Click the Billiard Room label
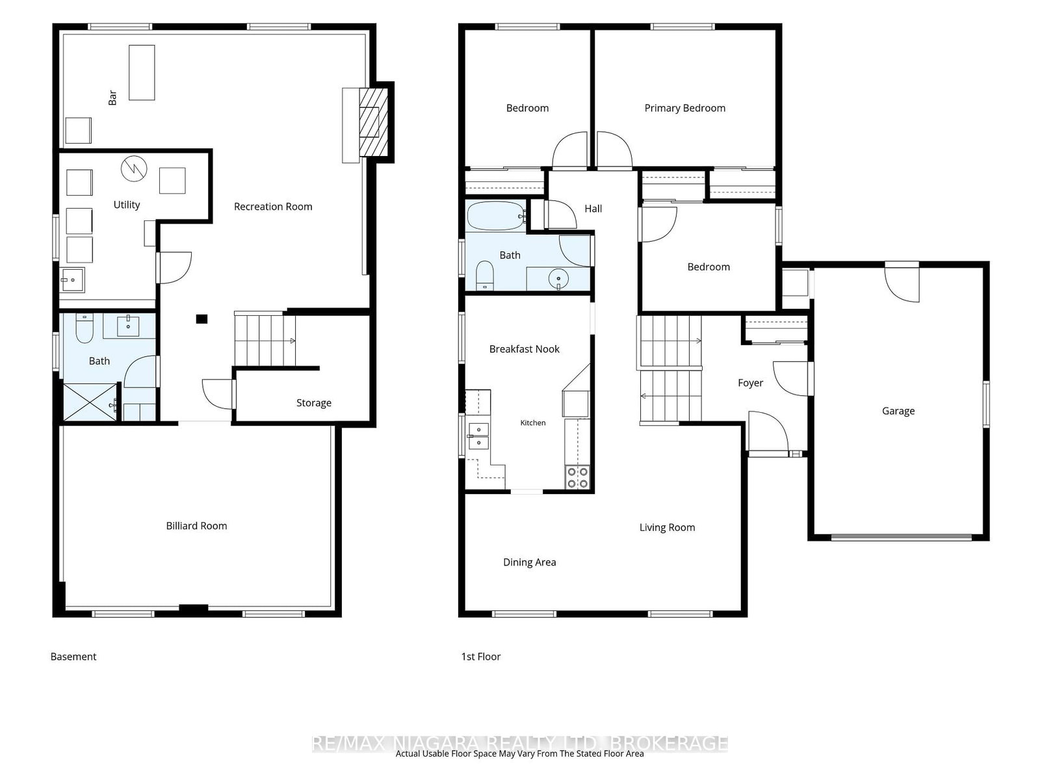coord(196,526)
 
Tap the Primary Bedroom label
coord(684,108)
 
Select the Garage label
coord(898,411)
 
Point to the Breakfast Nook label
coord(524,349)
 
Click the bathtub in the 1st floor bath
coord(495,216)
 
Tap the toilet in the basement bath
coord(84,328)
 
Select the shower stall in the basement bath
coord(90,402)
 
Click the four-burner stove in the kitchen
coord(577,477)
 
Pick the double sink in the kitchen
coord(478,435)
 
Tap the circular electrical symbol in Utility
coord(134,168)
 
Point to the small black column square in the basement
coord(202,319)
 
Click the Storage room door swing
coord(218,394)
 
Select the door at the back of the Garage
coord(902,283)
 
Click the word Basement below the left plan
coord(73,656)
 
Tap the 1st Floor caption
coord(481,656)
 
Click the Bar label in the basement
coord(112,98)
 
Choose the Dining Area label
coord(529,562)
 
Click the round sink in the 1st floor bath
coord(558,278)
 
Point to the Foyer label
coord(751,383)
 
